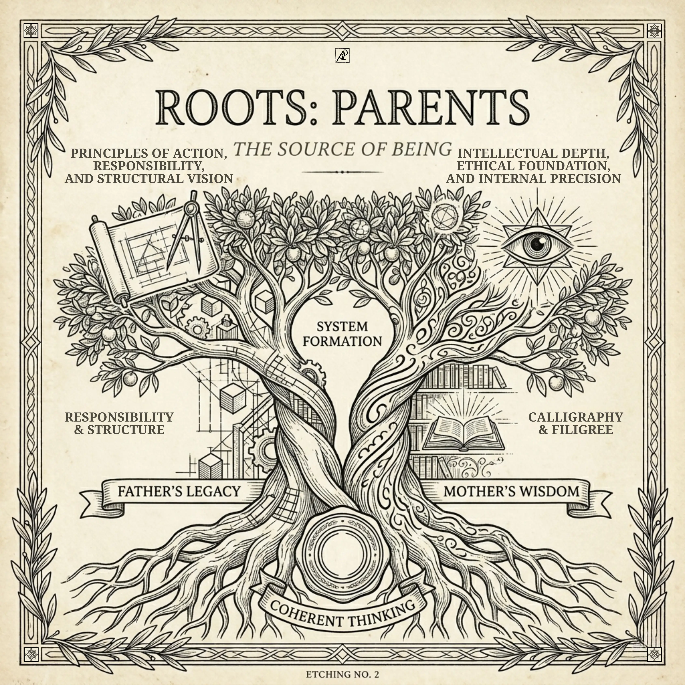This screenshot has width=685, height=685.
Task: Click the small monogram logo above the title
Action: coord(342,56)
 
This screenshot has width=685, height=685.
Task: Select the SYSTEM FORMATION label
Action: coord(342,334)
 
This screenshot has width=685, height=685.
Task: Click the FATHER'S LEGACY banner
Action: coord(179,491)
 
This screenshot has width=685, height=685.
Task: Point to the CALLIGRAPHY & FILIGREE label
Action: coord(575,423)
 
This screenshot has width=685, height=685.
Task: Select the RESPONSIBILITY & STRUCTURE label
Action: coord(119,423)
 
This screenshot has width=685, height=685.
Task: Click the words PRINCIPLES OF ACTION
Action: coord(149,153)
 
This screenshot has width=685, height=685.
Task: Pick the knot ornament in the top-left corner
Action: coord(31,31)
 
